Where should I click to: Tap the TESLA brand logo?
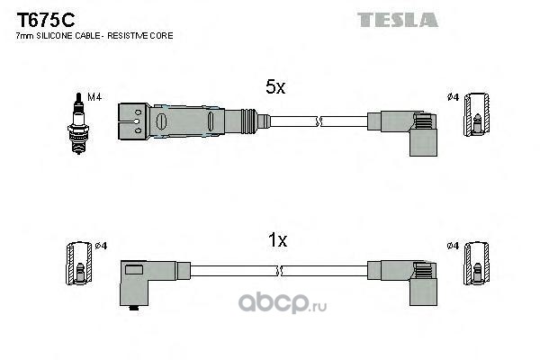point(397,19)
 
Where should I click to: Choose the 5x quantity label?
point(274,87)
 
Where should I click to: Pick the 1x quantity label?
point(278,240)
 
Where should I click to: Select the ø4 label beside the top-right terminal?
point(452,96)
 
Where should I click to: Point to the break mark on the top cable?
point(319,120)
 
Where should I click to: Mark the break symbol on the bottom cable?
point(281,269)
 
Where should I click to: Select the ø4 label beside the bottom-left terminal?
point(102,246)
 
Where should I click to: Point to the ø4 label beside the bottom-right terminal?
point(452,246)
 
